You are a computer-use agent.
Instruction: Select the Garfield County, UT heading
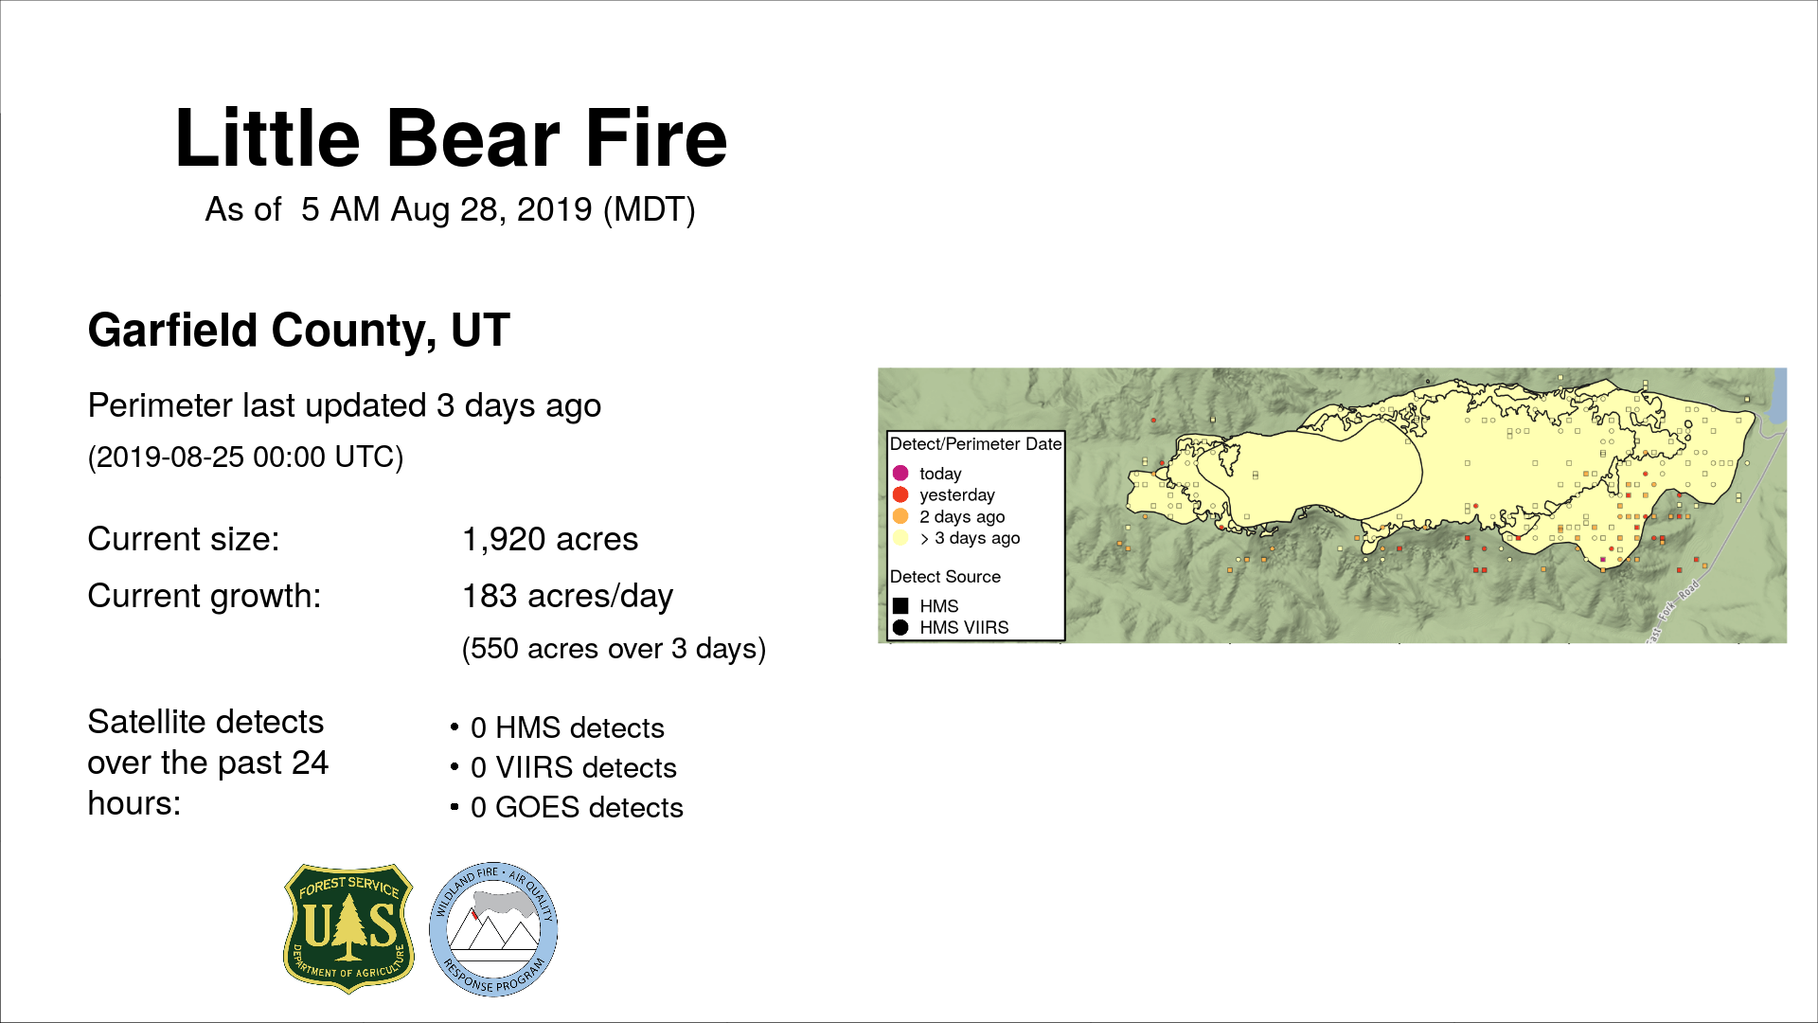[x=299, y=331]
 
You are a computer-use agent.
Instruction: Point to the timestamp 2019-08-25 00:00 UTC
[x=245, y=458]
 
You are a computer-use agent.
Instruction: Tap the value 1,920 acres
[x=550, y=539]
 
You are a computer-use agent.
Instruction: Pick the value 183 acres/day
[x=567, y=597]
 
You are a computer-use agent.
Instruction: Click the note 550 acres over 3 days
[x=614, y=649]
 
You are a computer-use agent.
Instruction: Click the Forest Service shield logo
[x=349, y=928]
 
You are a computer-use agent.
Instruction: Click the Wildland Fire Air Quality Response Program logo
[x=493, y=929]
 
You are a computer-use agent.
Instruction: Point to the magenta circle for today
[x=900, y=473]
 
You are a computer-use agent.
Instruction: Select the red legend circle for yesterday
[x=900, y=494]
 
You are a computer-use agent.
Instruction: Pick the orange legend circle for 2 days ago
[x=900, y=516]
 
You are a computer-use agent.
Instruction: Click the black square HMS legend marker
[x=900, y=605]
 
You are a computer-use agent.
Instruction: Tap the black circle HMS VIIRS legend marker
[x=900, y=627]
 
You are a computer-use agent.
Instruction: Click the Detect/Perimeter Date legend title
[x=975, y=444]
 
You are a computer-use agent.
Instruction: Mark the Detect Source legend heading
[x=945, y=577]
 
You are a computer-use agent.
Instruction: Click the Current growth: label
[x=205, y=597]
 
